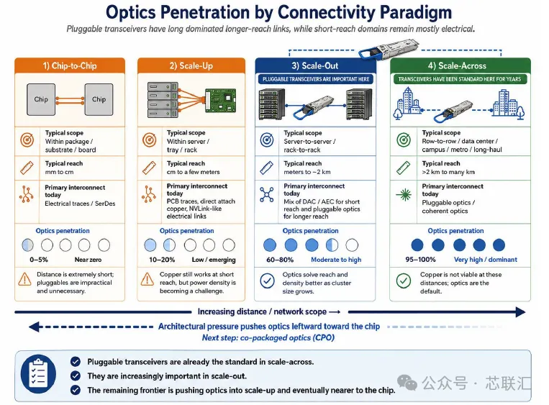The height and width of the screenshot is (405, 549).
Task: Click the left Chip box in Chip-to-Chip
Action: tap(41, 99)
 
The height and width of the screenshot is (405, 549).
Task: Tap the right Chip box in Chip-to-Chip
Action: tap(99, 99)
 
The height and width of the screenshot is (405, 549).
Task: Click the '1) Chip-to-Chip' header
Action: tap(70, 65)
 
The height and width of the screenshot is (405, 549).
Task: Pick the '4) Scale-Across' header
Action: tap(460, 65)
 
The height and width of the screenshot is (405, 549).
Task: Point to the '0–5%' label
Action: tap(39, 260)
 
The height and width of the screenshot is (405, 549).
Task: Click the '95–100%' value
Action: tap(420, 260)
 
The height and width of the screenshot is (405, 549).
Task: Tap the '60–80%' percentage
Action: tap(280, 260)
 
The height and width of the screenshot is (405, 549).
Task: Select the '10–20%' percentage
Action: tap(162, 260)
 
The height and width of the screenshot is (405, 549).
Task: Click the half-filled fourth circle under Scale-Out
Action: tap(332, 245)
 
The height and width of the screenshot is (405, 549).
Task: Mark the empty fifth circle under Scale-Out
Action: tap(352, 245)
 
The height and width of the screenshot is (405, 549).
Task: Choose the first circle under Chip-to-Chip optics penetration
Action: tap(27, 245)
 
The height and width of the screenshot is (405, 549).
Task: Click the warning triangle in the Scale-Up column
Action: tap(148, 279)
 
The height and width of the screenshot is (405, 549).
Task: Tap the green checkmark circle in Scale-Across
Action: tap(404, 281)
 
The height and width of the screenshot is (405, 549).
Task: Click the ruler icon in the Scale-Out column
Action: tap(267, 168)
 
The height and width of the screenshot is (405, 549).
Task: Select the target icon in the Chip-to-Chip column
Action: tap(27, 140)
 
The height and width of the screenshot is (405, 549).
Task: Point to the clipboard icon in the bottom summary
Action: tap(38, 374)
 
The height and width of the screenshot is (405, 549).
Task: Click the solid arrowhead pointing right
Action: tap(521, 312)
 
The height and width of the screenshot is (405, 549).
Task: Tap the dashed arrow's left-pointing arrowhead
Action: tap(34, 327)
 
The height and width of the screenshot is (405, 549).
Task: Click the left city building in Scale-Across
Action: tap(408, 102)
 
